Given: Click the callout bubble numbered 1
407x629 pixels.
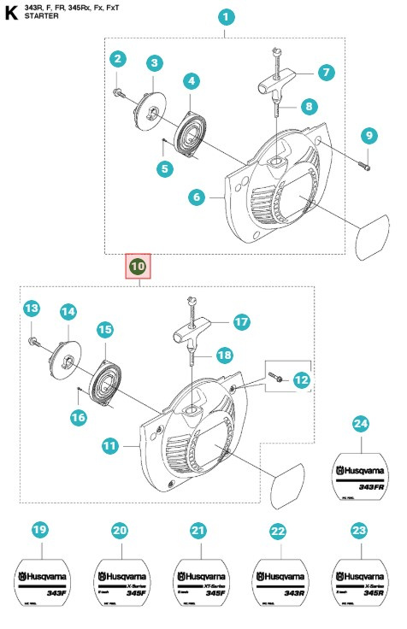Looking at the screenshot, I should (226, 17).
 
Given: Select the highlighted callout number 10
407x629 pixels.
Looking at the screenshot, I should (139, 267).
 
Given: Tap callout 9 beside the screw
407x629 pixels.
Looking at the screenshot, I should (369, 135).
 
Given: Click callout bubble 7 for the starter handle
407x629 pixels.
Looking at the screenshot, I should (325, 73).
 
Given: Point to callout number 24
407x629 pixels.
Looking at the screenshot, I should (360, 425).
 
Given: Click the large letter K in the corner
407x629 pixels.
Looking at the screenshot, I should (11, 11).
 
